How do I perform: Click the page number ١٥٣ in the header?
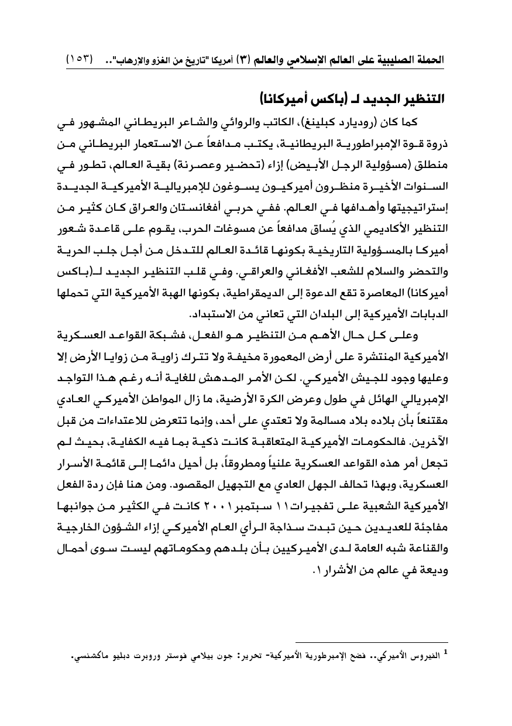click(x=79, y=59)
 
